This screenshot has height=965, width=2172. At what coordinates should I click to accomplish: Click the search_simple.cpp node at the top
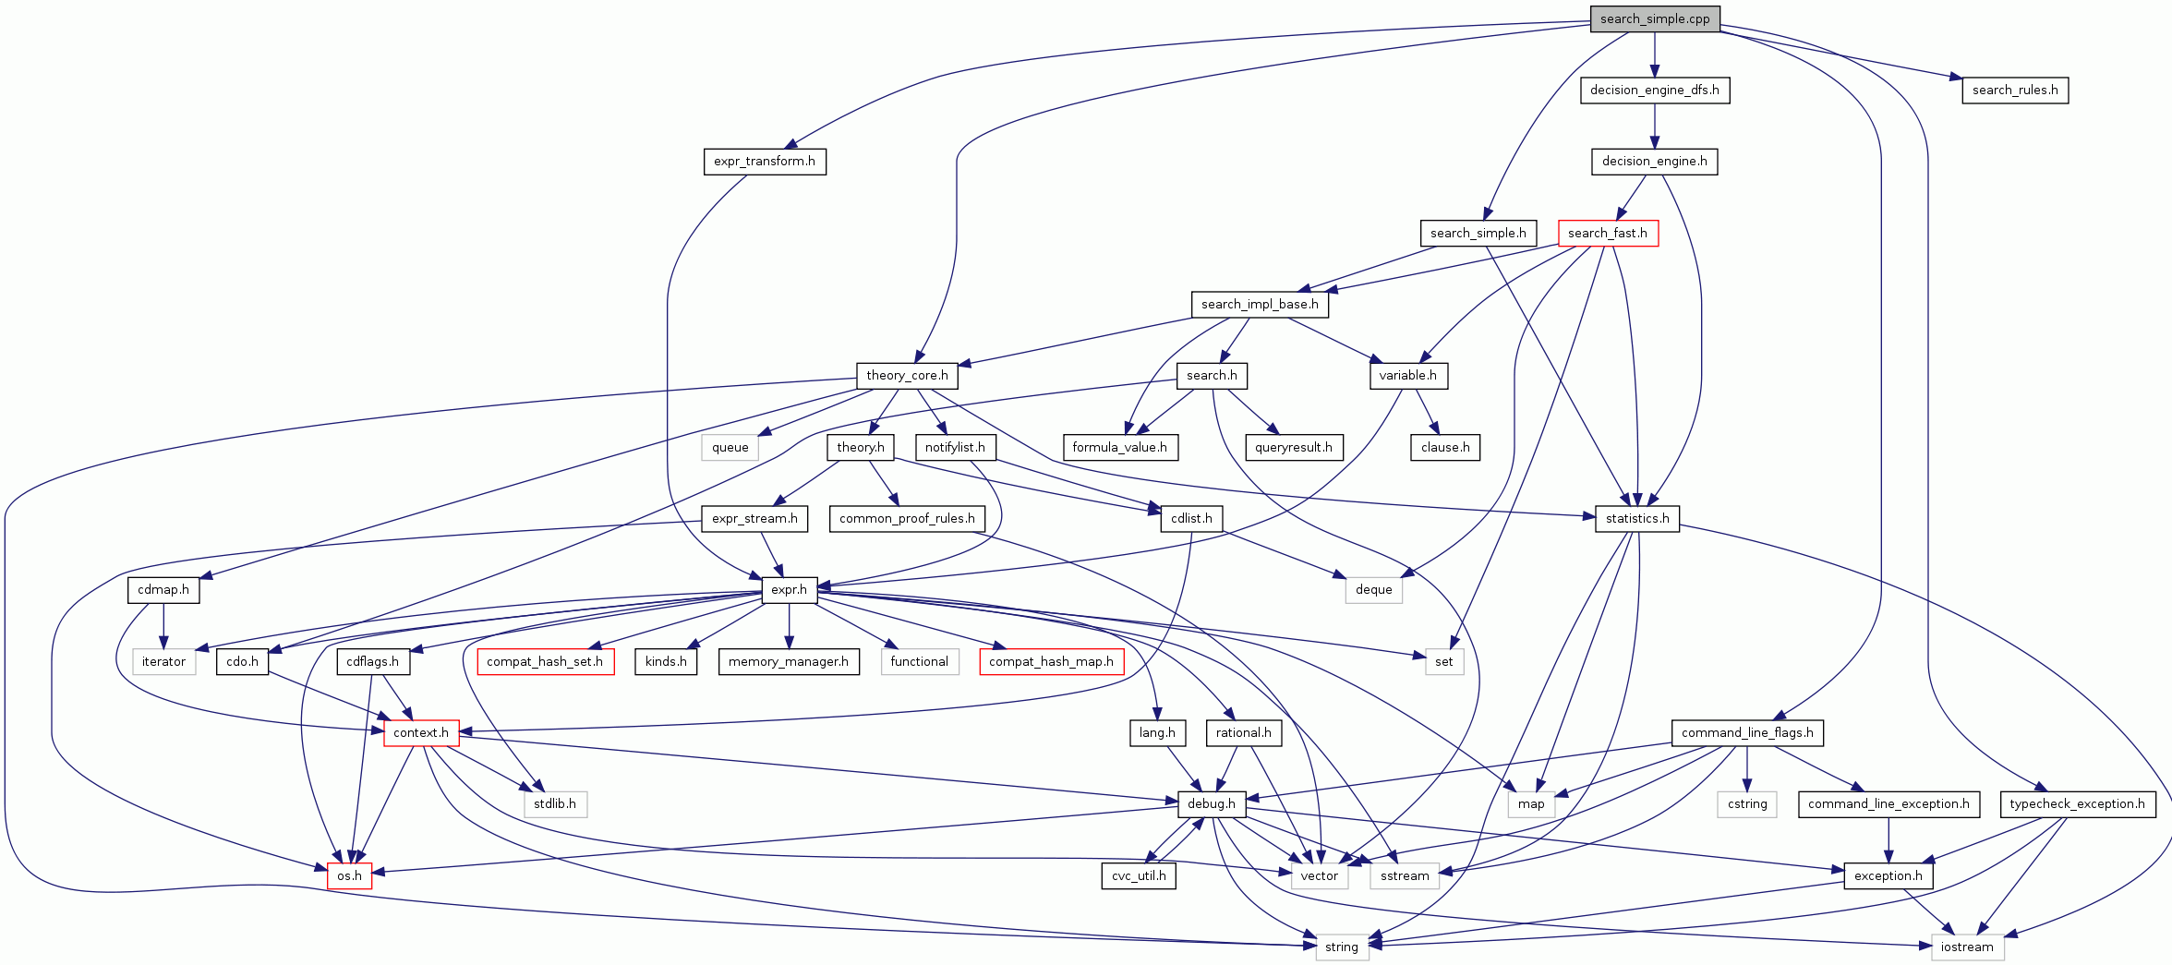1654,18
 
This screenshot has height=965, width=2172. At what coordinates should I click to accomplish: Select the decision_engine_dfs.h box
1654,90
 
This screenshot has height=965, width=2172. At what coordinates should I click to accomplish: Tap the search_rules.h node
2014,90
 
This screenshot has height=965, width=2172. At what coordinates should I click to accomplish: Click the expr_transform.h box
764,161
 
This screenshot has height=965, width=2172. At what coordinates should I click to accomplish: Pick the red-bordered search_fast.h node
1607,233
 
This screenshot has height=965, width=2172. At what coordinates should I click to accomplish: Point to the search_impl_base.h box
1259,304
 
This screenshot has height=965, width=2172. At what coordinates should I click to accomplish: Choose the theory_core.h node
906,375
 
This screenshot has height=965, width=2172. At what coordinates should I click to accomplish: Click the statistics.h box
1636,518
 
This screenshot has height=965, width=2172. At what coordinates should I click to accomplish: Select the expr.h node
789,589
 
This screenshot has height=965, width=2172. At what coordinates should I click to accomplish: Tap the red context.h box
421,732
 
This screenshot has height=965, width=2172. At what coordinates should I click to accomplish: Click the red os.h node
349,875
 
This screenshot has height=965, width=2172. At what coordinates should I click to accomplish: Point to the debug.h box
1211,803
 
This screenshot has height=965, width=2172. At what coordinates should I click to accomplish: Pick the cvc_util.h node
1139,875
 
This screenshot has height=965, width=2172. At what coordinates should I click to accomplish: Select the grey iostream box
1966,947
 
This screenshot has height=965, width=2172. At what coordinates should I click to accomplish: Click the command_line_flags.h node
1746,732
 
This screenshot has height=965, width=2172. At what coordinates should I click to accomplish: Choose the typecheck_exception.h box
2077,803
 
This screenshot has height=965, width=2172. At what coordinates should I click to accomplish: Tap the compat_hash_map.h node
1051,661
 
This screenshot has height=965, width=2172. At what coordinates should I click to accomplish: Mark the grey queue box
730,447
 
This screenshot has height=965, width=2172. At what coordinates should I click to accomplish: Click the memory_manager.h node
788,661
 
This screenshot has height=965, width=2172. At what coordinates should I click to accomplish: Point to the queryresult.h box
1293,447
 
